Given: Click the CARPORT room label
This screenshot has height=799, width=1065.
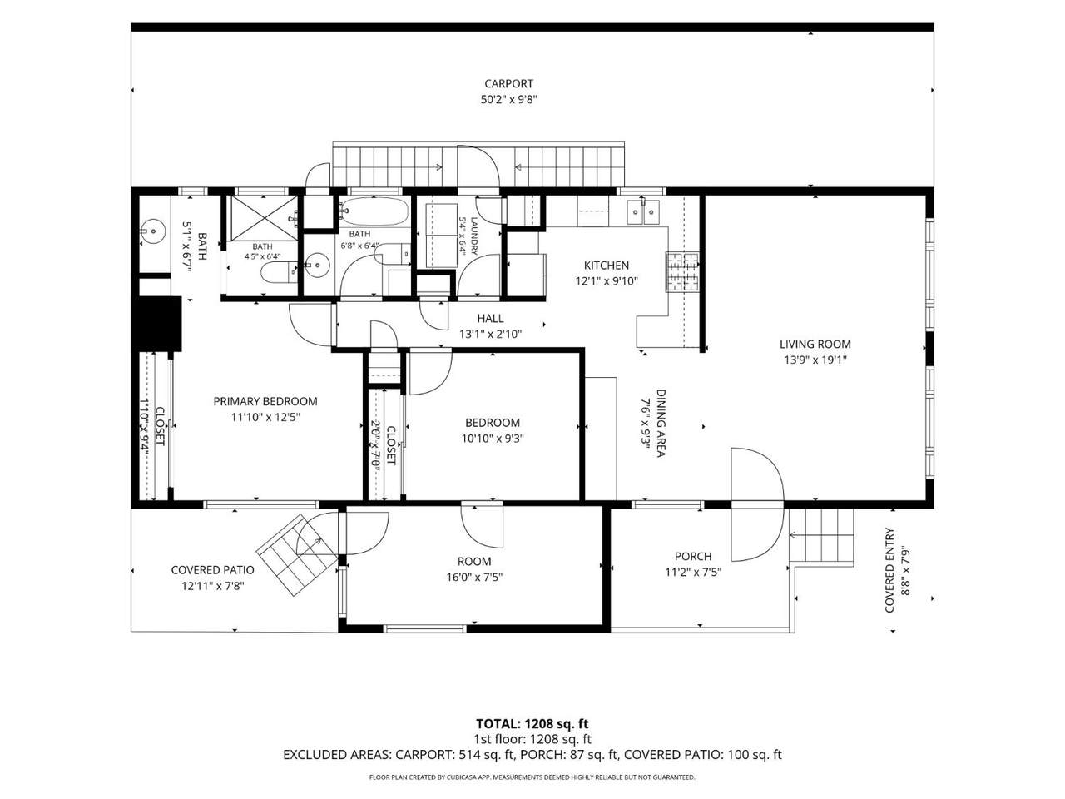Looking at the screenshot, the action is (x=508, y=84).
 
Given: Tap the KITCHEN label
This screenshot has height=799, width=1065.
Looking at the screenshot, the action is (x=606, y=266).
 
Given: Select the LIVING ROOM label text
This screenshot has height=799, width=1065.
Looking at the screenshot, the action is (x=815, y=344).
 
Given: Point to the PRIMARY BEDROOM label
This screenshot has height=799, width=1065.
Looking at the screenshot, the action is (x=265, y=401).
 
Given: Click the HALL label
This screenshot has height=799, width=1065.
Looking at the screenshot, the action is (x=490, y=318).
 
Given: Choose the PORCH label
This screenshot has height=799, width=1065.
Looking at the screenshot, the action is (x=693, y=557).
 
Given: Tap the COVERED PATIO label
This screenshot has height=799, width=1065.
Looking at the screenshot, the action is (x=212, y=570).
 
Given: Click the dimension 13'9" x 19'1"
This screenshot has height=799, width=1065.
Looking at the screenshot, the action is (x=815, y=360).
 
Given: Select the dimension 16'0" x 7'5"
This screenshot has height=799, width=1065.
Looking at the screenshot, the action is (x=474, y=578).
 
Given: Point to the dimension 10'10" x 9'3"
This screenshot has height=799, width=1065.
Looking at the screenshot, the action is (x=493, y=439).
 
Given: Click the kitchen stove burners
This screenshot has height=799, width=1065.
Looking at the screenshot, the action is (x=682, y=272).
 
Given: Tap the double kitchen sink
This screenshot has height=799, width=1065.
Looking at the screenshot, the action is (x=643, y=212).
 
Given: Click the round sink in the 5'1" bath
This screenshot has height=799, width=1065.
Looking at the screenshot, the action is (x=153, y=231).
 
